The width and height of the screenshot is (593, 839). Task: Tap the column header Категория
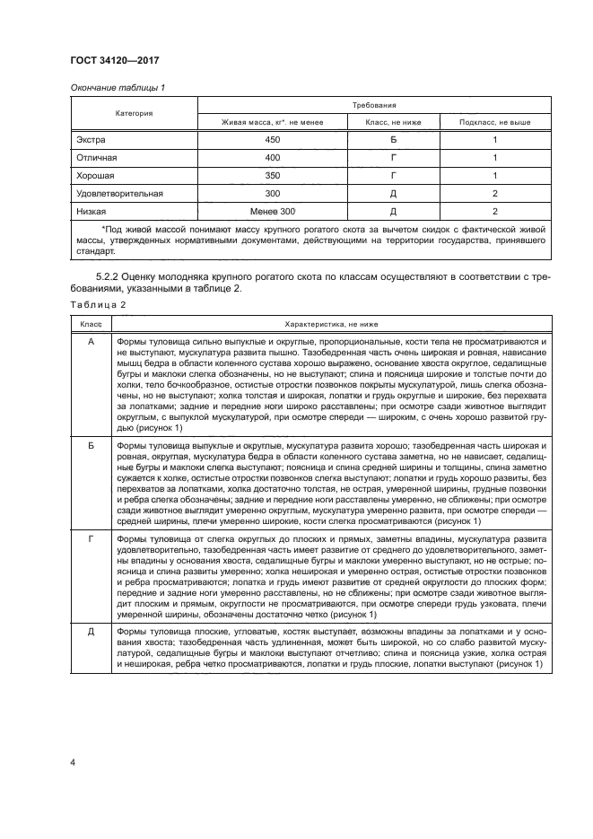pos(133,113)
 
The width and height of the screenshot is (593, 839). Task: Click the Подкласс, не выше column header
pos(494,122)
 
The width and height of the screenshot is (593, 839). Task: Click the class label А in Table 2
pos(91,343)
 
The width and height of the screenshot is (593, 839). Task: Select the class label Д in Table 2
pos(91,634)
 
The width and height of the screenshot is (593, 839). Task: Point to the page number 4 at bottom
pos(72,762)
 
